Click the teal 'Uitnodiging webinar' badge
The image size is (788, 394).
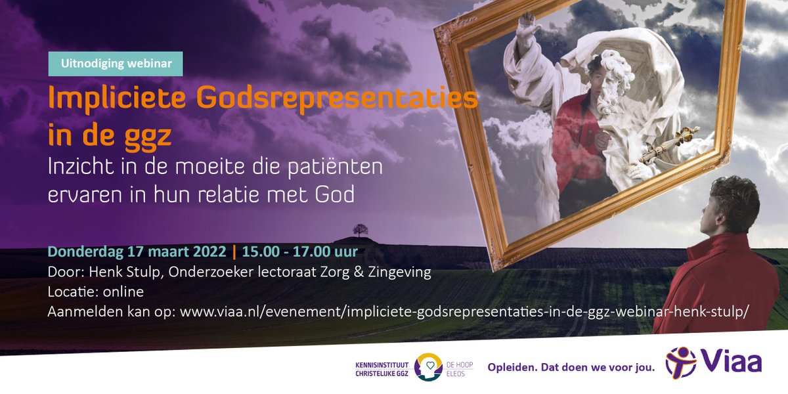click(x=116, y=64)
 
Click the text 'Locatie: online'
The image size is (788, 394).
click(x=95, y=292)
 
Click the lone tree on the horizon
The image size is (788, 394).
click(x=359, y=230)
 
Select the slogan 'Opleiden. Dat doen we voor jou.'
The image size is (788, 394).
click(x=571, y=367)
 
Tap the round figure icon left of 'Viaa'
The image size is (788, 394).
click(x=680, y=362)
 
